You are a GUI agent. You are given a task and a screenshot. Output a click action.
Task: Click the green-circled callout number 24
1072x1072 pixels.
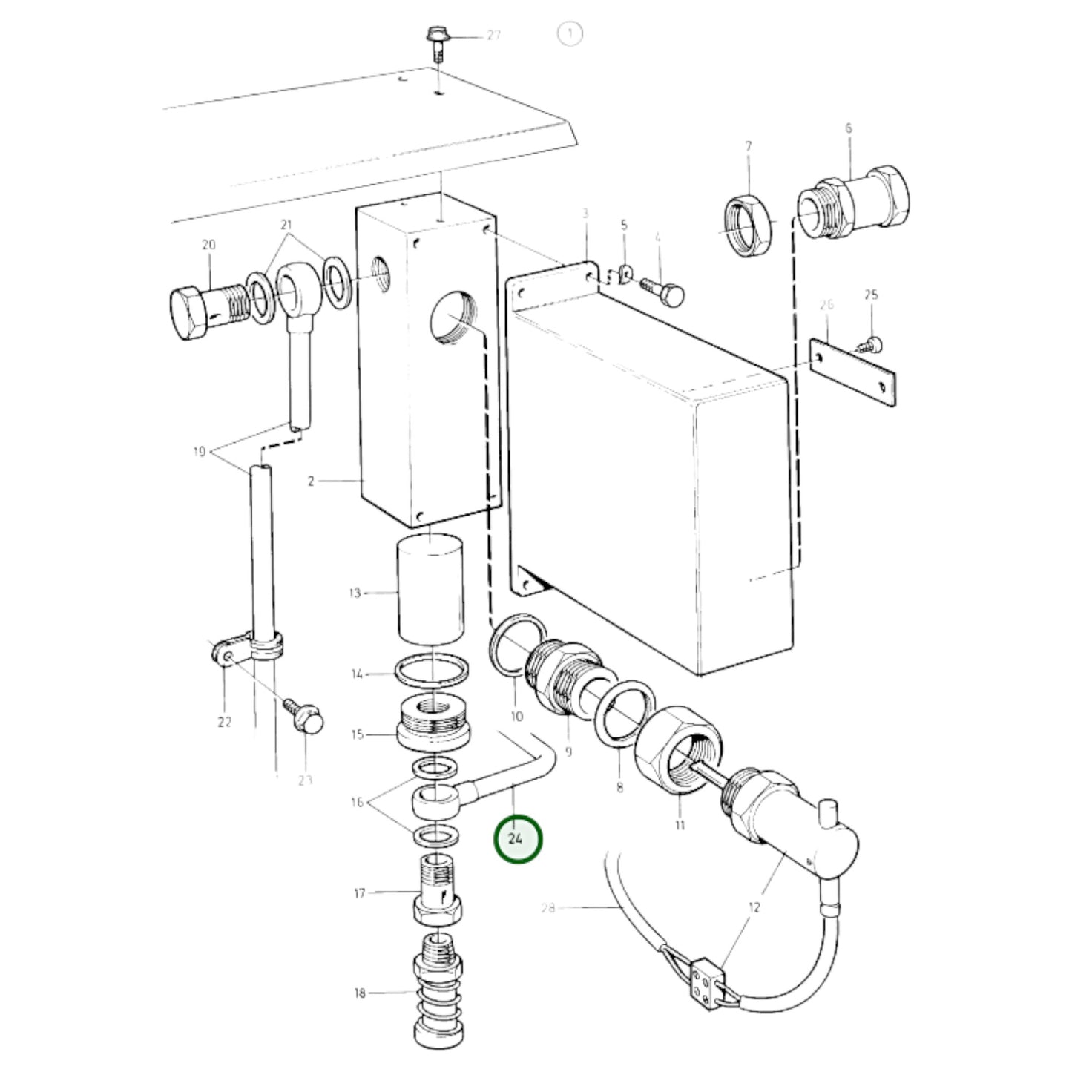coord(517,838)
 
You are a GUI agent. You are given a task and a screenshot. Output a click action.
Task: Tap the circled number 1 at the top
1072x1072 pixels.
coord(570,33)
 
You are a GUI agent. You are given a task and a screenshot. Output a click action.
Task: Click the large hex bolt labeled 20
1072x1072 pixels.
coord(209,312)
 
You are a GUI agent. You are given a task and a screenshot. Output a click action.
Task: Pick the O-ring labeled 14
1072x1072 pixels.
coord(432,674)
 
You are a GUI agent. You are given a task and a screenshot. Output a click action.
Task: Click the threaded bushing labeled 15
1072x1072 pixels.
coord(433,723)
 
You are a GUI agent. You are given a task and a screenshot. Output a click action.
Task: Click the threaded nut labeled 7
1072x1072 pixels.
coord(749,225)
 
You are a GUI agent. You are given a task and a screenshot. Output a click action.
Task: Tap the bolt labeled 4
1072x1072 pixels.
coord(662,292)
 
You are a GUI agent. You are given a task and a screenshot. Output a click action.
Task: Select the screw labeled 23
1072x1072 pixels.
coord(304,717)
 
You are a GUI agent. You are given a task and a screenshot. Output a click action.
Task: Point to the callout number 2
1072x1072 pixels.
coord(311,481)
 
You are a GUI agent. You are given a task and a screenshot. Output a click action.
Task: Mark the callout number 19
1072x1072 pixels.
coord(200,452)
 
